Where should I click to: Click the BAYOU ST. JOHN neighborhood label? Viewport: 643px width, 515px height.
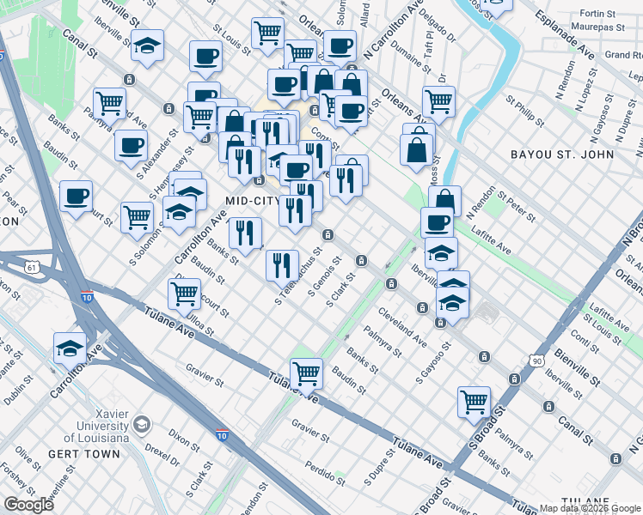tap(561, 154)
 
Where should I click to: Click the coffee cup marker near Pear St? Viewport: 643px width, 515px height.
tap(76, 197)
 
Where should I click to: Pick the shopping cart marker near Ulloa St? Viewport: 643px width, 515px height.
tap(185, 294)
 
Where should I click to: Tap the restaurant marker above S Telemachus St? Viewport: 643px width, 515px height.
tap(282, 265)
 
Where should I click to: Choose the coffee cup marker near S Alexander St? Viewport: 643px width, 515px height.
tap(131, 145)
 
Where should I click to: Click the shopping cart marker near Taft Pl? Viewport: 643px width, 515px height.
tap(438, 101)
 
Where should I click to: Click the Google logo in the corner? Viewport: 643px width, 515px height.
tap(28, 505)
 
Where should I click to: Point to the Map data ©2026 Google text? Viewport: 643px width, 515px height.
tap(590, 508)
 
